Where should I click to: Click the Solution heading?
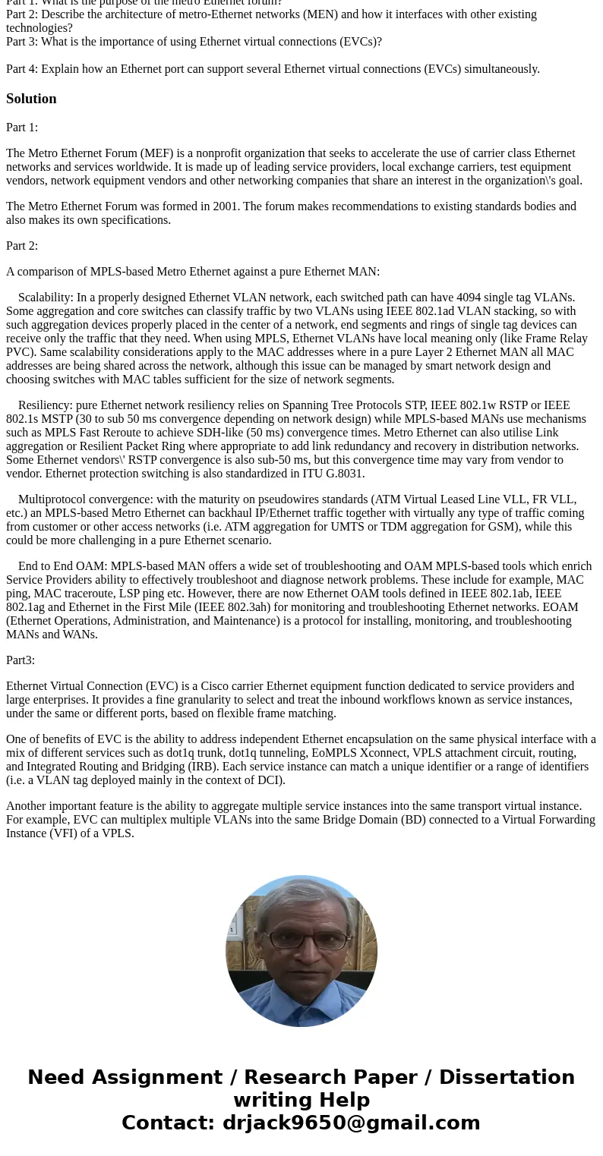click(x=31, y=99)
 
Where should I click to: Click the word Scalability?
click(x=45, y=298)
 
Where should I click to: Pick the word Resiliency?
click(x=45, y=405)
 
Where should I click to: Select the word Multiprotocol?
click(x=53, y=499)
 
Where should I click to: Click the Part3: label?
click(x=21, y=660)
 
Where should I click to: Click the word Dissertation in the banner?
click(x=507, y=1078)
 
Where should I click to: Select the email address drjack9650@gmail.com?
click(x=351, y=1123)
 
